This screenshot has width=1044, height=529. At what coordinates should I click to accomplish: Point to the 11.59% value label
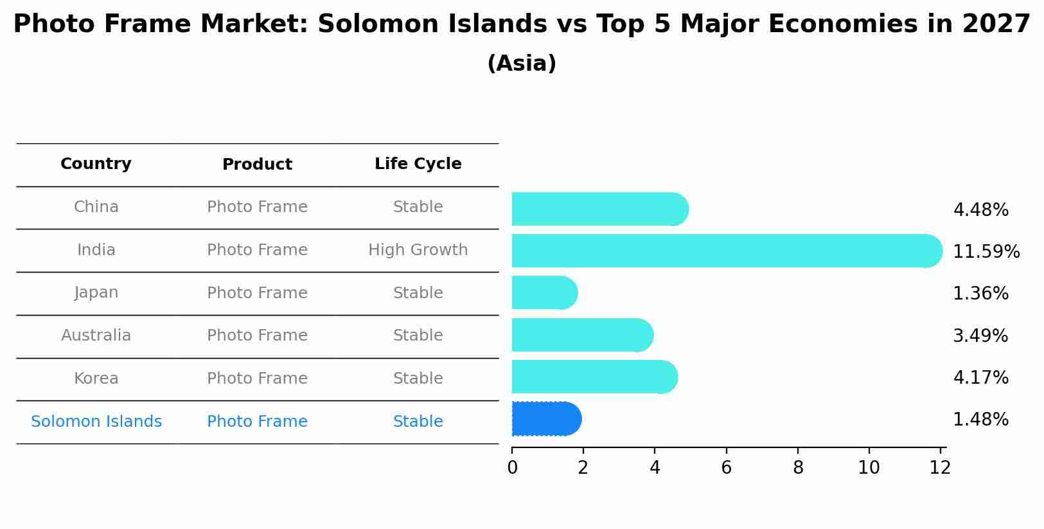986,252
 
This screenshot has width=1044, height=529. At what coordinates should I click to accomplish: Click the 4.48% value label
980,210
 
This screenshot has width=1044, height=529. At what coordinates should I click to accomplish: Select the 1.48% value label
980,420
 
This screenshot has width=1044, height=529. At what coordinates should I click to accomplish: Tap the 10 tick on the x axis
869,468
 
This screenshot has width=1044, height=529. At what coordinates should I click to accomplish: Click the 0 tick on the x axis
512,468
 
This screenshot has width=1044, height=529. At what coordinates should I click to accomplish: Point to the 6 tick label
726,468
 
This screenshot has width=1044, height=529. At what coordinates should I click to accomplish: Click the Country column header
96,164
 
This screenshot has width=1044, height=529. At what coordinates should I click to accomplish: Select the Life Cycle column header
418,164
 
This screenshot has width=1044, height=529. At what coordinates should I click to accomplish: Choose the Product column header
257,165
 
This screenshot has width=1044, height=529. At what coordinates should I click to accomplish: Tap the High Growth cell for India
418,250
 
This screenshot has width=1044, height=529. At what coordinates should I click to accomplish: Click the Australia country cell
96,336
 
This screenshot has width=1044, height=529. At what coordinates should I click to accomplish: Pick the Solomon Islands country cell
96,422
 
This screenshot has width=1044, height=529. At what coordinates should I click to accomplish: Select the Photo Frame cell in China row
257,207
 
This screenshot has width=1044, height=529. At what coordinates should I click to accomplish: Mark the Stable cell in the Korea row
418,379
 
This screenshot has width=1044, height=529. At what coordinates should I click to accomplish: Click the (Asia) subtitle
522,64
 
